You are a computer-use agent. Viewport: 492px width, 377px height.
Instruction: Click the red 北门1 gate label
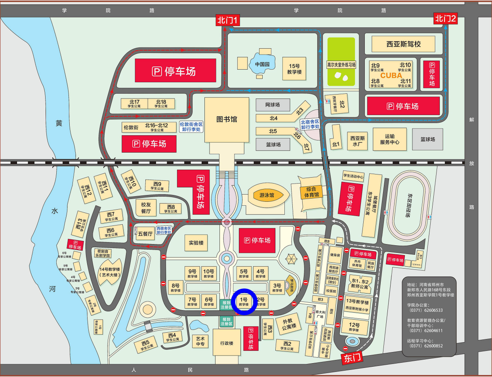click(x=227, y=20)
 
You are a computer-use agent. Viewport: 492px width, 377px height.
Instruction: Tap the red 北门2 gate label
click(x=445, y=18)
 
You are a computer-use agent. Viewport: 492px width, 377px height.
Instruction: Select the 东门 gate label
click(x=352, y=358)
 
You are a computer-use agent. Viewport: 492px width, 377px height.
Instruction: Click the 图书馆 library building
click(x=227, y=119)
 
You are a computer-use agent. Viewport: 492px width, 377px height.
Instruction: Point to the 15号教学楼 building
click(x=294, y=69)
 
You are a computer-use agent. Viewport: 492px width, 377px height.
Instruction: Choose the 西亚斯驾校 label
click(x=403, y=44)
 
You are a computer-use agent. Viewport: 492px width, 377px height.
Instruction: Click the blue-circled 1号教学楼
click(x=244, y=302)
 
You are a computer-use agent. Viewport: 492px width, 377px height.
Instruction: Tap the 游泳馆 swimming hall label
click(x=267, y=195)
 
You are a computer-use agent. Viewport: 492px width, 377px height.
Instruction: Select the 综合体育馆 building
click(x=311, y=192)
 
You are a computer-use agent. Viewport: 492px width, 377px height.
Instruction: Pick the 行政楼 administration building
click(x=227, y=343)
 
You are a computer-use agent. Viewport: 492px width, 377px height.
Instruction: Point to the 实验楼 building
click(x=196, y=242)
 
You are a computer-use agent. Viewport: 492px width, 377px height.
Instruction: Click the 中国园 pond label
click(x=262, y=64)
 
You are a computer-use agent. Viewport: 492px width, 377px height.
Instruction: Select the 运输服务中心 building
click(x=389, y=139)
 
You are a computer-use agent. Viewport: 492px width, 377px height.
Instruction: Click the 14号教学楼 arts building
click(x=109, y=272)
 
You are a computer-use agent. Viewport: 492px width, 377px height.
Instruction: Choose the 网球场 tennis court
click(x=273, y=105)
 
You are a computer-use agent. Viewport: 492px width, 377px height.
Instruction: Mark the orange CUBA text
click(x=391, y=75)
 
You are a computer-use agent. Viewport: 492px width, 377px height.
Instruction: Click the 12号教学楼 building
click(x=354, y=327)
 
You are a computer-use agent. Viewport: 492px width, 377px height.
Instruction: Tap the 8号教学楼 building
click(x=175, y=287)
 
